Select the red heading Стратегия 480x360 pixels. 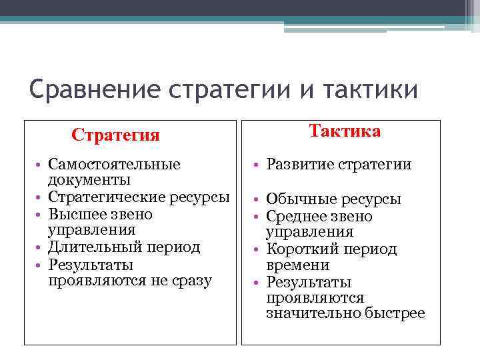pos(115,135)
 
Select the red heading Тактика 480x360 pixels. pos(345,131)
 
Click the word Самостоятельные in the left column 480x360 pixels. pos(114,165)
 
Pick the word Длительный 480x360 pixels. pos(89,247)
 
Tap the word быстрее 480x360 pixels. pos(395,313)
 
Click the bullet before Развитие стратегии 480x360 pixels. pos(257,165)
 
